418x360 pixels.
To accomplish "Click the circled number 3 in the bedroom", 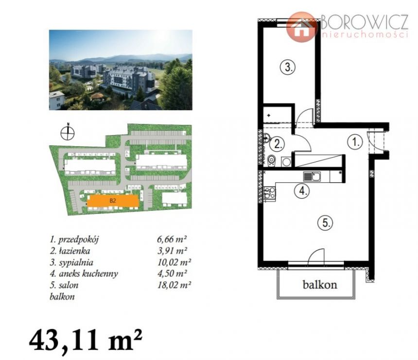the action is pos(288,67).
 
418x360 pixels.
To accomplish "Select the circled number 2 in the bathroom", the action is pos(277,144).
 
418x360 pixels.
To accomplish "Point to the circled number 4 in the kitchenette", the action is pos(302,190).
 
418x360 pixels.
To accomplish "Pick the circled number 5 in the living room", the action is pos(326,222).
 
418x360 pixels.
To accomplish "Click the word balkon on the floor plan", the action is pos(320,285).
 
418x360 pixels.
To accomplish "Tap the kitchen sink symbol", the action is pos(312,176).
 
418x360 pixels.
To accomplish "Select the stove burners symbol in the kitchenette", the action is pos(270,193).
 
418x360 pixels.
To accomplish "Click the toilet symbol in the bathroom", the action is pos(271,161).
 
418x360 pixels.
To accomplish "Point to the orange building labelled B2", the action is pos(113,201).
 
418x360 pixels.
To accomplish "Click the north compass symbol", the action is pos(68,133).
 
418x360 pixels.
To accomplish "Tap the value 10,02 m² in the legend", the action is pos(174,262).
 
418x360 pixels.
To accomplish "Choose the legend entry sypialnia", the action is pos(71,263).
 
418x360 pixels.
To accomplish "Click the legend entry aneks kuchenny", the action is pos(84,274).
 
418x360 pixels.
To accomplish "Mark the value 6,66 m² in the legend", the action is pos(172,239).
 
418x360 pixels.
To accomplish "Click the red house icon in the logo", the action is pos(302,27).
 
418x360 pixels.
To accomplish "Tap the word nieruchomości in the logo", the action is pos(365,34).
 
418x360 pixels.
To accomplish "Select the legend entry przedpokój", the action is pos(74,240).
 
